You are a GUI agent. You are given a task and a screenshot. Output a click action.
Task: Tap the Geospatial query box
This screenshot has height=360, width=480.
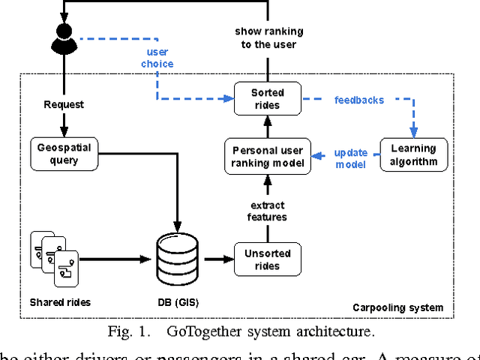coord(64,154)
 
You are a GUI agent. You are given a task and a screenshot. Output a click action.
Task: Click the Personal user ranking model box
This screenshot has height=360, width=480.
coord(268,157)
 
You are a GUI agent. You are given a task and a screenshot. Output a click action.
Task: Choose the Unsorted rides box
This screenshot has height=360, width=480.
coord(268,259)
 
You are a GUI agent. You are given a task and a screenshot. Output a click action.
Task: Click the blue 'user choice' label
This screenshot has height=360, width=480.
coord(157,58)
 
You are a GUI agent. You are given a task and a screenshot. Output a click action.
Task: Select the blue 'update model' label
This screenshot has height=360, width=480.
coord(350,158)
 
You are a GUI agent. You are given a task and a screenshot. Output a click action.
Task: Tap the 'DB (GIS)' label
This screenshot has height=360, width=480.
coord(177,302)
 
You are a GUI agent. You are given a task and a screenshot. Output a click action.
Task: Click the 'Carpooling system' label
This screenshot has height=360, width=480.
coord(397,307)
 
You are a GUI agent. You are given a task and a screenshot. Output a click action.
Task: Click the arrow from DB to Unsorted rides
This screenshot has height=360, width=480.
coord(217,259)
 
